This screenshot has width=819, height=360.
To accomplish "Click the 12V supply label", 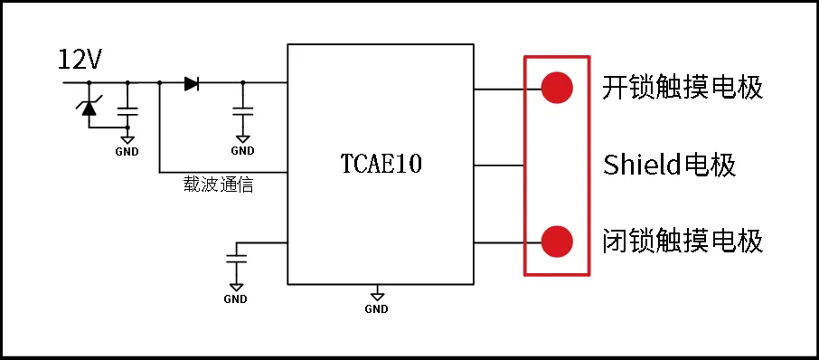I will pos(80,61).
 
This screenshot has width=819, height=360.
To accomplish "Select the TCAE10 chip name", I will pos(381,165).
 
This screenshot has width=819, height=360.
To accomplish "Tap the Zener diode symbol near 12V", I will pos(89,107).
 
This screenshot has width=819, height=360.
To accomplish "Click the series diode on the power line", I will pos(191,83).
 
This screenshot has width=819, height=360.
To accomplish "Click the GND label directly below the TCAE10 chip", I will pos(377,308).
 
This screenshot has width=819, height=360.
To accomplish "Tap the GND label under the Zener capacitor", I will pos(127,151).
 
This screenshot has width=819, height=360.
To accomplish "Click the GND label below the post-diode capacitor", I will pos(242,151).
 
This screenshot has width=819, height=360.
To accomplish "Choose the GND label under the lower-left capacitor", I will pos(235,299).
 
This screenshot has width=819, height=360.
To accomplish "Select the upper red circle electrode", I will pos(557,88).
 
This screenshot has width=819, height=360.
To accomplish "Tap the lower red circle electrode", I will pos(557,242).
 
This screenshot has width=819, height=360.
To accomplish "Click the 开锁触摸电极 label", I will pos(682,88).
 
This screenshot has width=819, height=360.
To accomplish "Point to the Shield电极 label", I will pos(669,166).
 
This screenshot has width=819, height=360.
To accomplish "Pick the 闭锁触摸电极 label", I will pos(682,242).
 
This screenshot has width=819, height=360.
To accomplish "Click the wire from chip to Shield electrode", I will pos(499,166).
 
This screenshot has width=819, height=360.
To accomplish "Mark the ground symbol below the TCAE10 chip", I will pos(377,294).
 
